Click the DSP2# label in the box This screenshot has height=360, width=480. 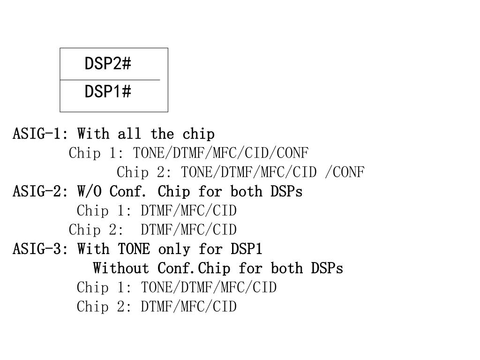click(x=108, y=63)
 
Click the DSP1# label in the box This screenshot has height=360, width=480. click(x=108, y=92)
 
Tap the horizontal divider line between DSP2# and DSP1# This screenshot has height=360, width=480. click(x=110, y=80)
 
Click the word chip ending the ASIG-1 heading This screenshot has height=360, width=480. click(x=199, y=134)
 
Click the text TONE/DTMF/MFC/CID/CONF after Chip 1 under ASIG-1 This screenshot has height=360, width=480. click(x=221, y=153)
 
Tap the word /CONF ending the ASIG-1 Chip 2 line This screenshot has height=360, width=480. click(x=345, y=172)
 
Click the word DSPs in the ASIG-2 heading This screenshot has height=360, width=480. click(x=286, y=192)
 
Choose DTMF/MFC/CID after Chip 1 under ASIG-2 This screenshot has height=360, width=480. click(x=189, y=211)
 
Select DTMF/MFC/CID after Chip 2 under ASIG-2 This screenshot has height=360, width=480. click(x=189, y=230)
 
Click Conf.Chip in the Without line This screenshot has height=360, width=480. click(x=194, y=269)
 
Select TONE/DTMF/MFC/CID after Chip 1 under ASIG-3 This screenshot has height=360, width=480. click(x=209, y=287)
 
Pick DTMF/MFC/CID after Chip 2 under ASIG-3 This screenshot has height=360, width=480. click(x=189, y=307)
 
